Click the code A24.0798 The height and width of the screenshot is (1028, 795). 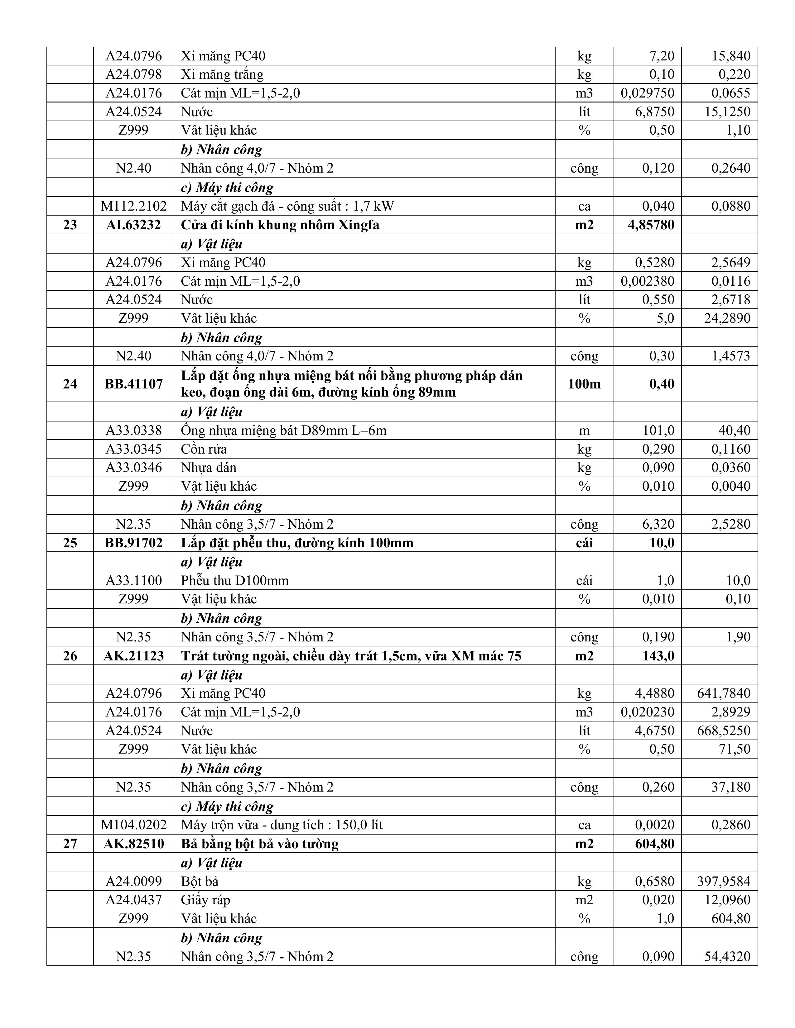(x=133, y=74)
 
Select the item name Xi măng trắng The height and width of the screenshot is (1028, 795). (x=222, y=74)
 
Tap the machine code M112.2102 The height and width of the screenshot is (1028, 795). (x=133, y=206)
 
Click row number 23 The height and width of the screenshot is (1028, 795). (x=70, y=225)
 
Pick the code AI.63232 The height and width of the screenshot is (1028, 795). (x=133, y=225)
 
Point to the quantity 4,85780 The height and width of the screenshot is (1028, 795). (x=651, y=225)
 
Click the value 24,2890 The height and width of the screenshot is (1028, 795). (x=727, y=318)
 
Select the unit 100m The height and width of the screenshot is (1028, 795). (x=584, y=384)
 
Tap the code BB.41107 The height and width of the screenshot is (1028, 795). (x=133, y=384)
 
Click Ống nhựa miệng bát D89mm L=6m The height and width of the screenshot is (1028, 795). (x=283, y=430)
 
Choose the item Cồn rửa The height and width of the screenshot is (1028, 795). (x=204, y=449)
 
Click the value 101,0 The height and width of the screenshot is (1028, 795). (x=658, y=430)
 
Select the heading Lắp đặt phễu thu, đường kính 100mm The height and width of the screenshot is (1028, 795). (x=297, y=543)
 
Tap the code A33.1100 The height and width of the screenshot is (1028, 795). (x=133, y=580)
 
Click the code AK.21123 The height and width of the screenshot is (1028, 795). (x=133, y=656)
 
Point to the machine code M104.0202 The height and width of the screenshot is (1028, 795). (x=133, y=825)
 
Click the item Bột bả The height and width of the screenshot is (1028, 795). (x=200, y=881)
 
